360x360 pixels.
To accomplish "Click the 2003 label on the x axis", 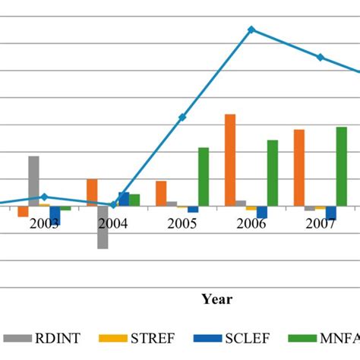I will [44, 224].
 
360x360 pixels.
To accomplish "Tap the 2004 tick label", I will [113, 224].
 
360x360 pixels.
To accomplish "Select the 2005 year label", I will [182, 224].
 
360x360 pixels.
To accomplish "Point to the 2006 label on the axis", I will [251, 224].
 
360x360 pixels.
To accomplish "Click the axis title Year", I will [216, 299].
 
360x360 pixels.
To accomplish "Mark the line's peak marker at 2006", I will [251, 30].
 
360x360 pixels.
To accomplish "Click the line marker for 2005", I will [182, 117].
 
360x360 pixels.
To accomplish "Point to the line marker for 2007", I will [321, 58].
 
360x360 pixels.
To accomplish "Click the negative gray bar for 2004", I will [103, 227].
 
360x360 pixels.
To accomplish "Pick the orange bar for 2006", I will [230, 159].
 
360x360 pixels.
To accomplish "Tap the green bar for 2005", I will [204, 176].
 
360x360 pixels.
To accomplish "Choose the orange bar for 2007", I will [299, 167].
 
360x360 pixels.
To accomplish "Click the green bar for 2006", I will [273, 172].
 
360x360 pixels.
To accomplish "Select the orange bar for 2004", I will [92, 192].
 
